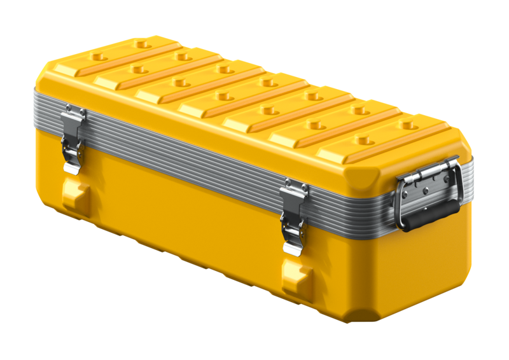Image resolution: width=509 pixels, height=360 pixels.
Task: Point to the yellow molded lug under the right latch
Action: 297,279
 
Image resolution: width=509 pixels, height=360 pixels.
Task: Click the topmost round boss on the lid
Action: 141,45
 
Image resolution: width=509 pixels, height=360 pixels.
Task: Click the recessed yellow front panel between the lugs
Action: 185,216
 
